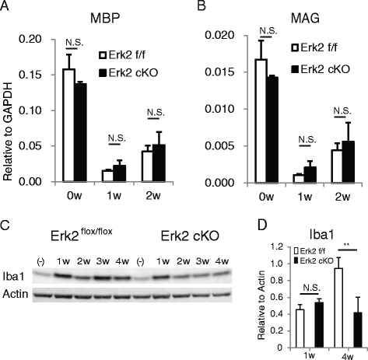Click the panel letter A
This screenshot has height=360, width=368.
[x=5, y=7]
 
